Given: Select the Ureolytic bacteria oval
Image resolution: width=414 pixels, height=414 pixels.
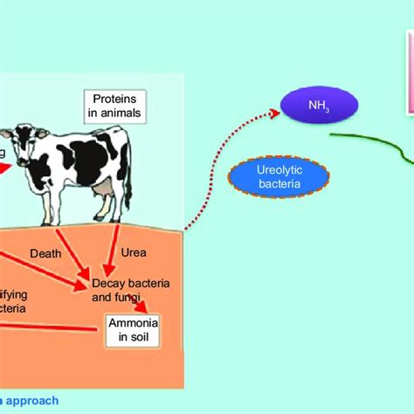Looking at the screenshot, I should pyautogui.click(x=279, y=176).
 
